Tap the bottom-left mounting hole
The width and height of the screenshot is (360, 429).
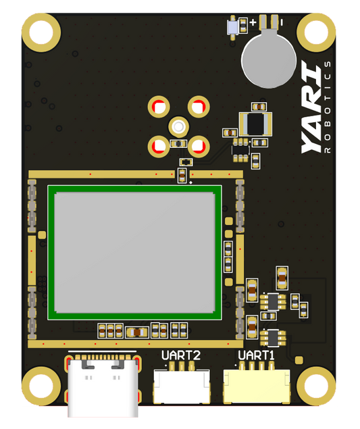41,386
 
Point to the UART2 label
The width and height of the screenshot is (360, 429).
180,355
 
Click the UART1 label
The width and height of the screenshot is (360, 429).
256,355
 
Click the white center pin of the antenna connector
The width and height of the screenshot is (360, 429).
179,126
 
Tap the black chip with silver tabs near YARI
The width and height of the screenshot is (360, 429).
255,124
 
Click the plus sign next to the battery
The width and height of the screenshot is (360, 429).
253,22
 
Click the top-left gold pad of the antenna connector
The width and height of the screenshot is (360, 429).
159,107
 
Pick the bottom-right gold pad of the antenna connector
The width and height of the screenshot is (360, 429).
199,145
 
